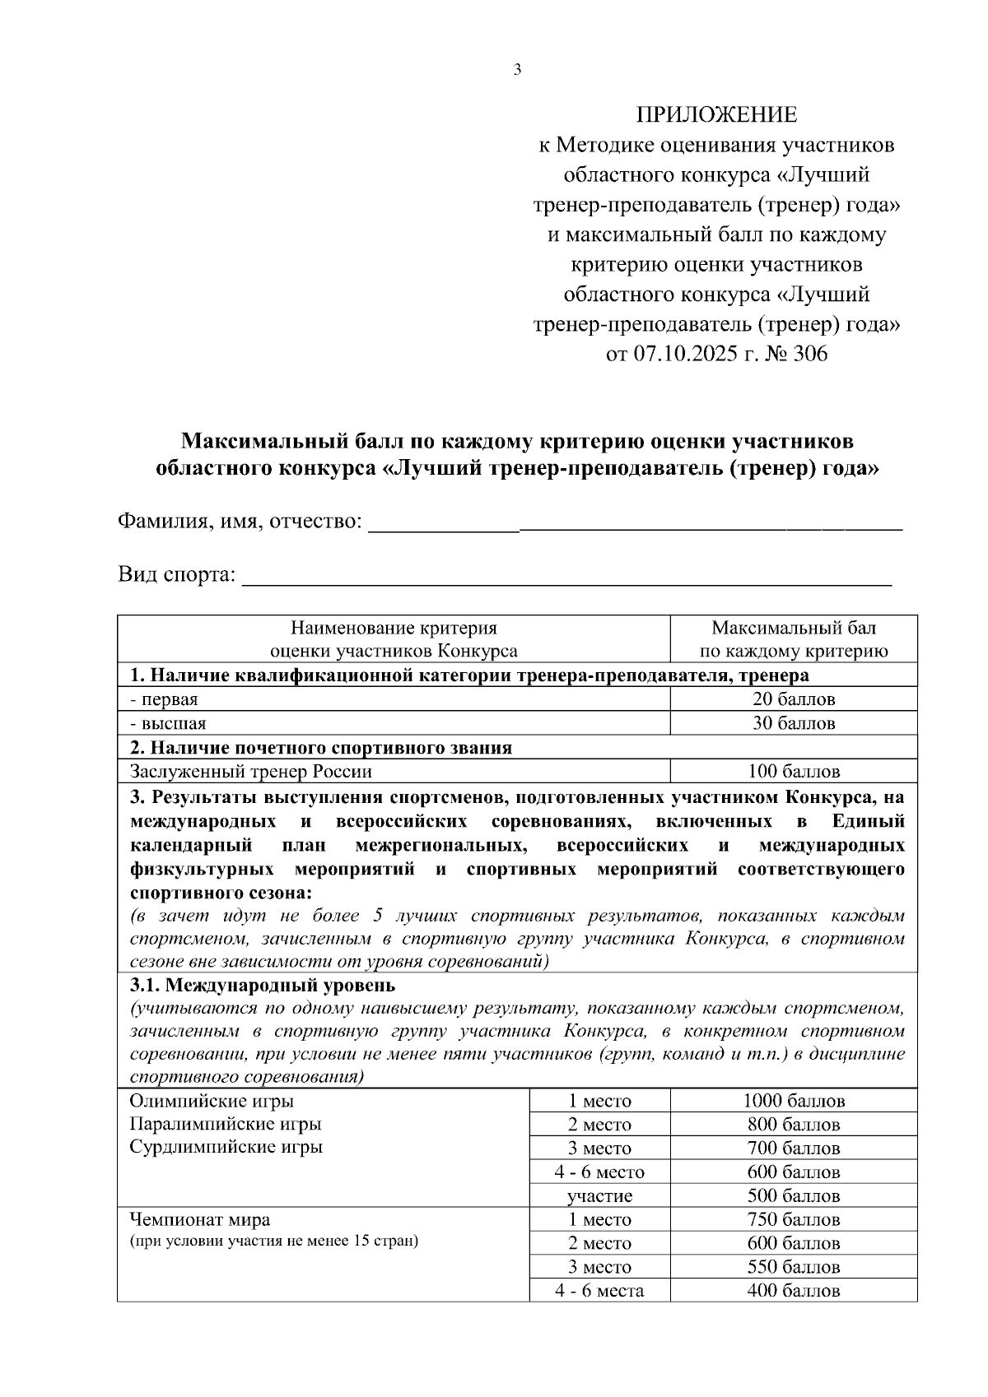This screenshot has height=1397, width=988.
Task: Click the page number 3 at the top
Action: [x=517, y=71]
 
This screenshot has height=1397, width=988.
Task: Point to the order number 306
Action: [x=810, y=354]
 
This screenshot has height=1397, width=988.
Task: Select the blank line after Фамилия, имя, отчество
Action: [x=634, y=524]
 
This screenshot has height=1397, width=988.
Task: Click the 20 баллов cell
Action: [x=794, y=699]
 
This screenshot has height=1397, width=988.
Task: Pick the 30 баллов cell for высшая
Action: [x=794, y=723]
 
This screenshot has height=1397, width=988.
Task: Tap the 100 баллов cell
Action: [x=794, y=772]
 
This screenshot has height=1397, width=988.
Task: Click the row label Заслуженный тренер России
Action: [x=251, y=772]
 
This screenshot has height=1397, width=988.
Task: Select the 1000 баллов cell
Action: [x=794, y=1101]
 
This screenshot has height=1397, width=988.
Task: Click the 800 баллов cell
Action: [x=794, y=1125]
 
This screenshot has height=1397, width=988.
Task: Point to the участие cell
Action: [x=599, y=1196]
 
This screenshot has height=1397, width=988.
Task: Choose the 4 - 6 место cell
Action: [x=599, y=1172]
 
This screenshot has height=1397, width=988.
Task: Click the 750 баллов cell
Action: [x=794, y=1220]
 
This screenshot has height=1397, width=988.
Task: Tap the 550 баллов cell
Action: [x=794, y=1268]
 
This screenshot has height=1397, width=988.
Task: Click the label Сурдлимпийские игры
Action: [x=226, y=1147]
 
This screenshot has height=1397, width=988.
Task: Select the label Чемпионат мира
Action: [x=200, y=1219]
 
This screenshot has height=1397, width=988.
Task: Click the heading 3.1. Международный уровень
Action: [x=263, y=985]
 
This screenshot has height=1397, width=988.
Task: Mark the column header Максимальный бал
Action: [x=794, y=629]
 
